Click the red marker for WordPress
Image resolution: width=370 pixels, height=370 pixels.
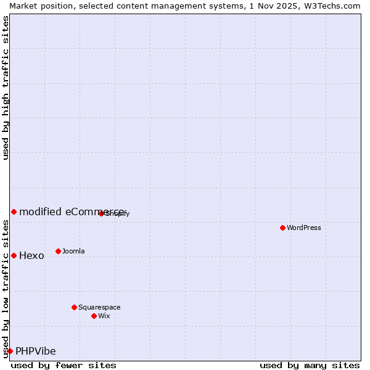pyautogui.click(x=282, y=228)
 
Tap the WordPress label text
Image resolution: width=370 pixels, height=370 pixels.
pyautogui.click(x=304, y=228)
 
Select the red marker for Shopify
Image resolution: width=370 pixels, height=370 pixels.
pyautogui.click(x=101, y=213)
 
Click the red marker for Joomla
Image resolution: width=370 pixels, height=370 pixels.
pyautogui.click(x=58, y=251)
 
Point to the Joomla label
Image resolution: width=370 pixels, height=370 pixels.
pyautogui.click(x=73, y=251)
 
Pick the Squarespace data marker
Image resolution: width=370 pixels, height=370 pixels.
pyautogui.click(x=74, y=307)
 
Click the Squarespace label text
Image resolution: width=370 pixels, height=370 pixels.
pyautogui.click(x=99, y=307)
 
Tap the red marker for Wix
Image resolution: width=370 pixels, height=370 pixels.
pyautogui.click(x=94, y=316)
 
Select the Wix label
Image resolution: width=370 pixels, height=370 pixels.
pyautogui.click(x=104, y=316)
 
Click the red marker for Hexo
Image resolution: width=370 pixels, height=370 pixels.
pyautogui.click(x=14, y=255)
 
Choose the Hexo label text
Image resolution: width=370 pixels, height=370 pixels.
pyautogui.click(x=31, y=256)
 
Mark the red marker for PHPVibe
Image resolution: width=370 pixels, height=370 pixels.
pyautogui.click(x=10, y=351)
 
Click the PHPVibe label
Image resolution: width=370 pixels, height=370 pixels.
pyautogui.click(x=35, y=351)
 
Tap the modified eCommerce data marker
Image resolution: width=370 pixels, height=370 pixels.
pyautogui.click(x=14, y=212)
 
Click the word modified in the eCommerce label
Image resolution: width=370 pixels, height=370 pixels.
pyautogui.click(x=40, y=212)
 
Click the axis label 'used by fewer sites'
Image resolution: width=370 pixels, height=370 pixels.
pyautogui.click(x=64, y=365)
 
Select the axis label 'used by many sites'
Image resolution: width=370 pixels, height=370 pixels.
pyautogui.click(x=310, y=365)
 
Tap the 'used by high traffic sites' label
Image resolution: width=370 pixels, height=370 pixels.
pyautogui.click(x=6, y=88)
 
